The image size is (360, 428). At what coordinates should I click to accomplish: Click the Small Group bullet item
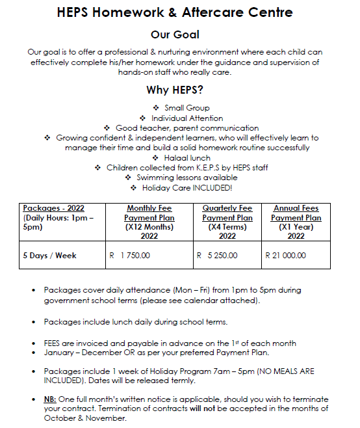186,108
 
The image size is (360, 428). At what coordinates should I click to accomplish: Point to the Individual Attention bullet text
187,118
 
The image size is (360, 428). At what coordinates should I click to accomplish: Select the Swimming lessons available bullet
186,178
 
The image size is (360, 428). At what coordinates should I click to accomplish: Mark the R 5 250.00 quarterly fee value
217,256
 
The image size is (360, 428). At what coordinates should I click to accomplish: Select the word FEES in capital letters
54,343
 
